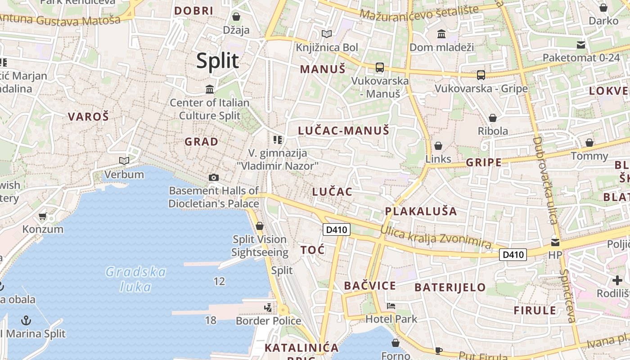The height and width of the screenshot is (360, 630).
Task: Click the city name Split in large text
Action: click(217, 61)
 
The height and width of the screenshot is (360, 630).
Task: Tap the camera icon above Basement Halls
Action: click(214, 177)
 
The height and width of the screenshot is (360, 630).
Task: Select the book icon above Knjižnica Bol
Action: click(327, 34)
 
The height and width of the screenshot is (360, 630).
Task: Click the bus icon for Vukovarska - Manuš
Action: click(380, 67)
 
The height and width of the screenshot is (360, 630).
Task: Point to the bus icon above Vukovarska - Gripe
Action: click(481, 75)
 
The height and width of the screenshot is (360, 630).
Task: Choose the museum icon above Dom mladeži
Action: click(441, 34)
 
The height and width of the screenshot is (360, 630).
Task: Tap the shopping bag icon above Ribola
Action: click(493, 118)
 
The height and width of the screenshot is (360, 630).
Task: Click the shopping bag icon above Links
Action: click(438, 146)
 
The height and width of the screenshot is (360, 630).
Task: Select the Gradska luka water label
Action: click(135, 279)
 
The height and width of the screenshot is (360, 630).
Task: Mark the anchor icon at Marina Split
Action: click(27, 320)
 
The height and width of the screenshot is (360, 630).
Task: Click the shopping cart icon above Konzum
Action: click(43, 216)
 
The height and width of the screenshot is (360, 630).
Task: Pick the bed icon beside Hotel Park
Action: click(391, 306)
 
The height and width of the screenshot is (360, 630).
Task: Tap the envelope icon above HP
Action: click(555, 242)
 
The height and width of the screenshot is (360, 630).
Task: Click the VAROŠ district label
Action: click(88, 117)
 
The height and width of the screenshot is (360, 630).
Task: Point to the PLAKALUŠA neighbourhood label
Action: click(421, 211)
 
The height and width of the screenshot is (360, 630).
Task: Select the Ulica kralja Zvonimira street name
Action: click(436, 237)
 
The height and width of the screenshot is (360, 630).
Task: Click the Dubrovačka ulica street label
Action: click(545, 180)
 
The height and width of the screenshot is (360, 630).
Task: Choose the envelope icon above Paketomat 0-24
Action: click(581, 45)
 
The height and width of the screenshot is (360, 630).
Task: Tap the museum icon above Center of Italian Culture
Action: click(210, 89)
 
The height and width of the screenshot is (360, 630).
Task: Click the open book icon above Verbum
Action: click(124, 161)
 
